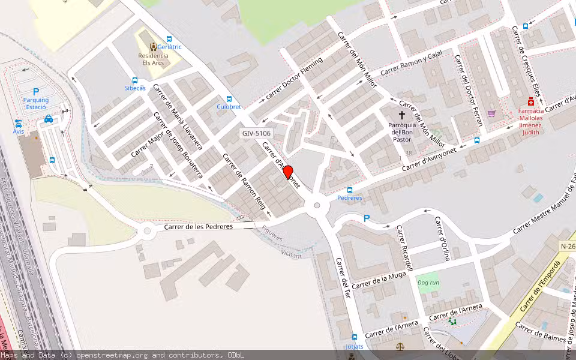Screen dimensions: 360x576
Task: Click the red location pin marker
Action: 288,173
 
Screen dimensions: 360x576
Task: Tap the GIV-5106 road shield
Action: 257,134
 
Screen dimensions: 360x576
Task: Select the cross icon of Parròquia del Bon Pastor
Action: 402,114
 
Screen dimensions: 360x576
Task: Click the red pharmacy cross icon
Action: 530,101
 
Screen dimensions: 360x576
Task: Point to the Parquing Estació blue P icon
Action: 36,91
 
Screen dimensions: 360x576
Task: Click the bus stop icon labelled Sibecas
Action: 135,80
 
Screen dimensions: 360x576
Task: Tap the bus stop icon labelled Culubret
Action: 229,99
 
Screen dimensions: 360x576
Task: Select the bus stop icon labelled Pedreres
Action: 350,190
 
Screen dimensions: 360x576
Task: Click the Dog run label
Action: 428,283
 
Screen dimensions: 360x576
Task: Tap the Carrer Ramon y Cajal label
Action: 411,64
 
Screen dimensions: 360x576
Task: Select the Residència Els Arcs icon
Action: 153,46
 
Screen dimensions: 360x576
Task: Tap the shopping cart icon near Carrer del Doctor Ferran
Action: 492,113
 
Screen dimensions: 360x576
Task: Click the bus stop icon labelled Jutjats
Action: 355,338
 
